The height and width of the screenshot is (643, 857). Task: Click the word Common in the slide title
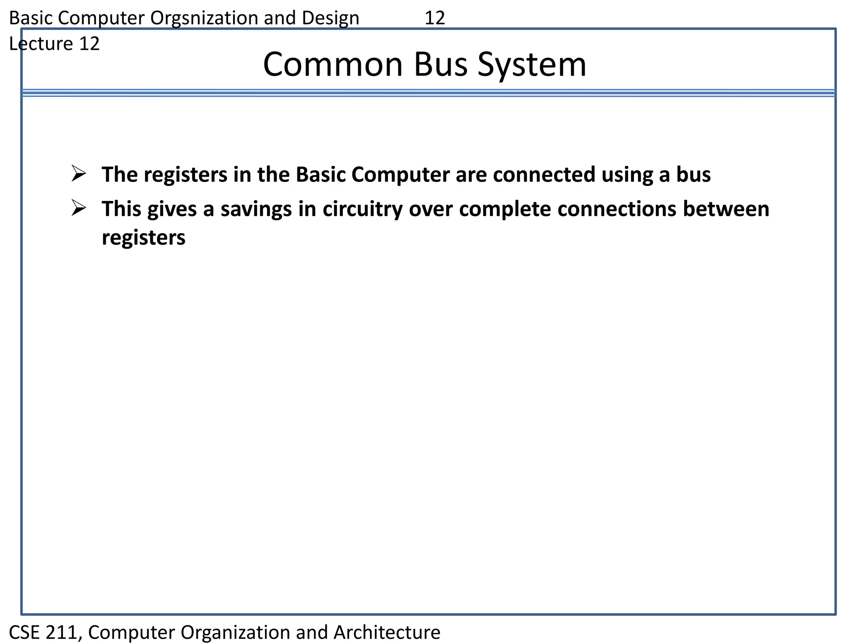click(x=333, y=65)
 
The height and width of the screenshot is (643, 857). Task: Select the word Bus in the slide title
click(x=441, y=65)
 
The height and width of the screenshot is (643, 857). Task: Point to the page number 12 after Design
click(x=435, y=18)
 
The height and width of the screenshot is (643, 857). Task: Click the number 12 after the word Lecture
click(x=89, y=44)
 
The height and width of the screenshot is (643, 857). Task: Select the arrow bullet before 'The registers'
click(x=79, y=173)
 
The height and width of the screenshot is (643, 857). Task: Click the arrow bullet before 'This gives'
click(x=79, y=208)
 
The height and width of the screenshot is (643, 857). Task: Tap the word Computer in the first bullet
click(x=400, y=175)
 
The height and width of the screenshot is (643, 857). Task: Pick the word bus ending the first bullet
click(x=693, y=175)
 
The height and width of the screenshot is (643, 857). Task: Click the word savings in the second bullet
click(x=256, y=209)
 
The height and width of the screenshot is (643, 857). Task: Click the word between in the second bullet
click(x=726, y=209)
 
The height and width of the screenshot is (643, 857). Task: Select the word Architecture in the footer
click(x=387, y=632)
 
